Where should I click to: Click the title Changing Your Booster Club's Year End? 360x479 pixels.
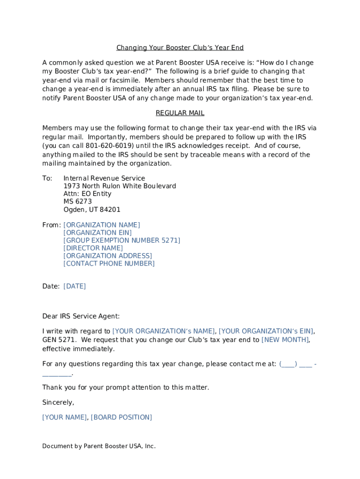[180, 48]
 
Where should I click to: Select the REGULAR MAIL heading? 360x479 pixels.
[180, 113]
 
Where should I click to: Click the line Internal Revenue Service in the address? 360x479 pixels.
[104, 178]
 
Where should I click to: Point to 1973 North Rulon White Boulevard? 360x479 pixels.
[120, 186]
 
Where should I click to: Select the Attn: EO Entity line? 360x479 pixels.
[87, 194]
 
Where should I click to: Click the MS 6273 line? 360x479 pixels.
[78, 202]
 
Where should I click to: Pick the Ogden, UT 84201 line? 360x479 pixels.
[92, 210]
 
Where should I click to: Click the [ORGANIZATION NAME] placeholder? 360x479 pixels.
[101, 225]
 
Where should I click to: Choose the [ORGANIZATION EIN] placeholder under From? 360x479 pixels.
[97, 232]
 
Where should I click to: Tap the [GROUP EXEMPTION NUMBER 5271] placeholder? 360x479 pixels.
[122, 240]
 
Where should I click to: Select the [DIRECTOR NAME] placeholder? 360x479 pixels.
[93, 248]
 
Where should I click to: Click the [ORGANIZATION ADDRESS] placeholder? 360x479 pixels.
[108, 256]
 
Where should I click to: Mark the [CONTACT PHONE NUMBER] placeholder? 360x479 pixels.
[109, 263]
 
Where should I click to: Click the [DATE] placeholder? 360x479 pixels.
[75, 286]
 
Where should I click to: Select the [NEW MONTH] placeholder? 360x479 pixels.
[285, 340]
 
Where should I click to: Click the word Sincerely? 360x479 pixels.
[58, 402]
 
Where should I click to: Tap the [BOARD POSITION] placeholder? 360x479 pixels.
[121, 417]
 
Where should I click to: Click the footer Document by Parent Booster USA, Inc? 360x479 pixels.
[99, 446]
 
